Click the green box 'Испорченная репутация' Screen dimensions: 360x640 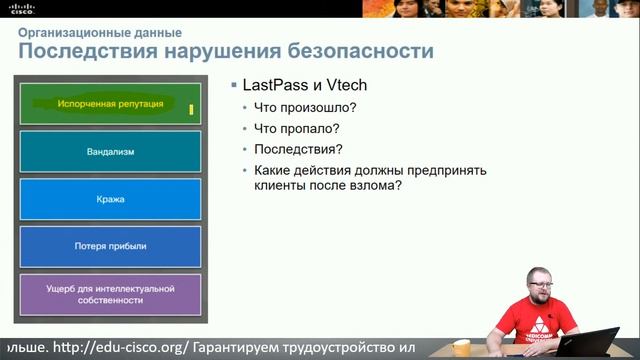[111, 103]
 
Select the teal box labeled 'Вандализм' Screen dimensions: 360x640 [111, 152]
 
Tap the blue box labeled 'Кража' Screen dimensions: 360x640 [111, 199]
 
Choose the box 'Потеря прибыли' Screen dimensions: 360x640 [111, 246]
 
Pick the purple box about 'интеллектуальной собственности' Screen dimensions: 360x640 [111, 294]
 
